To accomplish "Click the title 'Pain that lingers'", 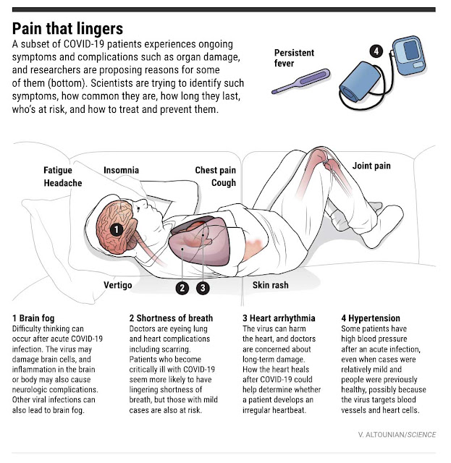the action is click(x=67, y=29).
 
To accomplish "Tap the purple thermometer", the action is click(x=301, y=81).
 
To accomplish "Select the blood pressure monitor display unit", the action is click(x=410, y=55).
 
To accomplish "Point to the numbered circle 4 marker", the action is click(x=376, y=51).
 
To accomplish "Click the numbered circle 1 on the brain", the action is click(x=117, y=229).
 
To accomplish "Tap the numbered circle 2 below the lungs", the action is click(x=182, y=288).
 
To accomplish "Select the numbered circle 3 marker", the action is click(x=203, y=288).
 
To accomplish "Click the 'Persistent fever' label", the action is click(x=294, y=58).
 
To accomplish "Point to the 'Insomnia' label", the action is click(x=121, y=170).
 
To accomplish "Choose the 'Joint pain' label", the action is click(x=371, y=166).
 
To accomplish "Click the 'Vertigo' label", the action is click(x=117, y=285).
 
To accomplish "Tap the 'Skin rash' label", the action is click(x=271, y=285).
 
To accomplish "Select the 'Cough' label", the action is click(x=224, y=183).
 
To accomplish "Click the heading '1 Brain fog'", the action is click(x=33, y=318).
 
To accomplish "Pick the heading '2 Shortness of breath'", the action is click(x=171, y=318).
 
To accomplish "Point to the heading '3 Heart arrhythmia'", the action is click(x=279, y=318).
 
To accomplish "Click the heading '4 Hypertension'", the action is click(x=371, y=318).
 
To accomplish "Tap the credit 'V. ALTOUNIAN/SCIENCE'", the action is click(x=397, y=435).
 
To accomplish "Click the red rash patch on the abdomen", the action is click(x=253, y=245).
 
